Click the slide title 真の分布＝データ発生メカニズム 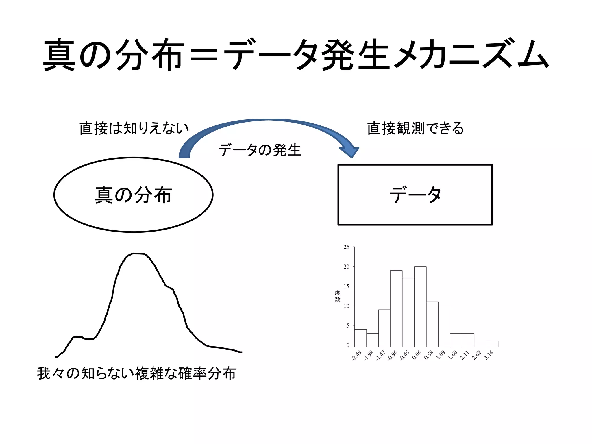click(296, 55)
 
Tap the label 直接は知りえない click(134, 128)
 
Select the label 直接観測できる click(415, 128)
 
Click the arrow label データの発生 click(260, 150)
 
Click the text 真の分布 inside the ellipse click(134, 195)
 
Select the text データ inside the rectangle click(415, 195)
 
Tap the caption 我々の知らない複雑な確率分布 click(136, 373)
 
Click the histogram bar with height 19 click(396, 308)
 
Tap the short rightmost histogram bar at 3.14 click(492, 343)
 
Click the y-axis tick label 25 click(346, 247)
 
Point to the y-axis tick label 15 click(346, 286)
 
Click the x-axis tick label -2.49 click(357, 356)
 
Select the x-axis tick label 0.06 click(417, 355)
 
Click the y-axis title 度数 click(337, 296)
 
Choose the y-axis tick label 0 click(348, 345)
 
